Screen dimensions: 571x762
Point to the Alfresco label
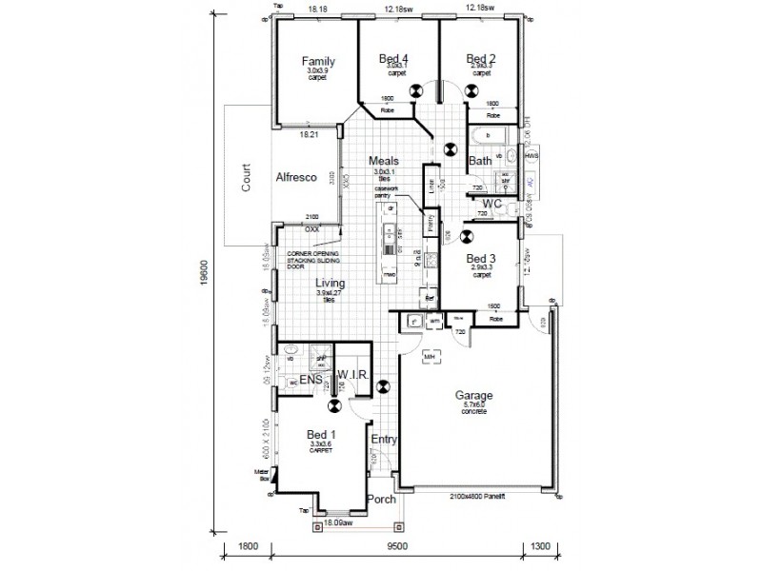(296, 178)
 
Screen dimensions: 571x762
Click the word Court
(245, 179)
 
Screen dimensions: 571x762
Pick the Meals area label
(388, 161)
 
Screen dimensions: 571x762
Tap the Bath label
(480, 162)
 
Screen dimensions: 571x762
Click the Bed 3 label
(481, 258)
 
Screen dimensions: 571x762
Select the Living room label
(331, 284)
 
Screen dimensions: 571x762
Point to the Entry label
(384, 440)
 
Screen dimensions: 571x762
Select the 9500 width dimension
(397, 546)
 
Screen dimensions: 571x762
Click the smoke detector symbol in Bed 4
(416, 91)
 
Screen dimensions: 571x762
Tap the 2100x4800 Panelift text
(477, 497)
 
